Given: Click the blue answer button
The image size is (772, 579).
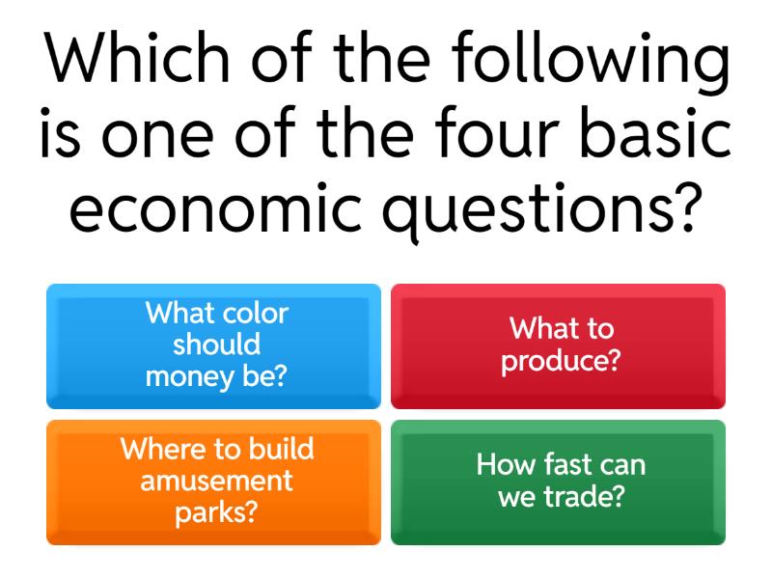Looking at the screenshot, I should click(x=213, y=345).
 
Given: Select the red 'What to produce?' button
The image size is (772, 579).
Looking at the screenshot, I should click(x=558, y=345).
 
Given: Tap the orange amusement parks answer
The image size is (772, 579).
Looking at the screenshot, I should click(x=213, y=482).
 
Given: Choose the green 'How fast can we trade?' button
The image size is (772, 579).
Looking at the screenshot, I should click(x=558, y=482).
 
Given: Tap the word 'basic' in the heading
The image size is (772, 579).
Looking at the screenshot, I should click(x=657, y=135).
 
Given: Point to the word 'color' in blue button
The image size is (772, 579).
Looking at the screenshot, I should click(x=256, y=313).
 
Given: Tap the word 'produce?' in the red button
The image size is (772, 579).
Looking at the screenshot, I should click(x=561, y=362).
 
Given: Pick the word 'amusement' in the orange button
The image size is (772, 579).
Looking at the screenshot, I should click(x=216, y=481).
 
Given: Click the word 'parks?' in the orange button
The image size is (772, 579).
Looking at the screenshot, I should click(x=216, y=512).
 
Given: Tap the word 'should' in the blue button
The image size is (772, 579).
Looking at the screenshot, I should click(x=216, y=345).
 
